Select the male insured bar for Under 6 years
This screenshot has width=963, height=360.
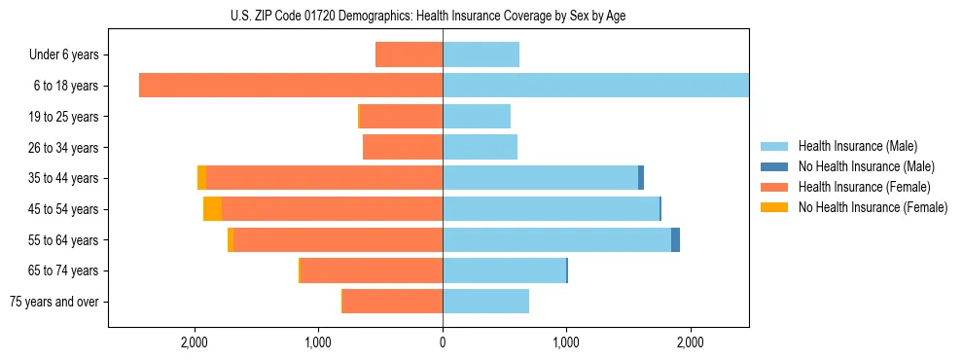click(481, 54)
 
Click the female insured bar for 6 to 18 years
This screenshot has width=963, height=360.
click(291, 86)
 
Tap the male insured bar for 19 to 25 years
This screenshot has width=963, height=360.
click(477, 117)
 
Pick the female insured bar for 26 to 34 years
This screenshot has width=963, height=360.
click(403, 147)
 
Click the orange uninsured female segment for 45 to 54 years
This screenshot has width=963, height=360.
click(212, 208)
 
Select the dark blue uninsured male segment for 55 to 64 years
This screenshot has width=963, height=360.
click(675, 239)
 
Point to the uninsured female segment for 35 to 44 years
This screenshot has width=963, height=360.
click(201, 178)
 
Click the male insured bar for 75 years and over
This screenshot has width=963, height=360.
click(485, 302)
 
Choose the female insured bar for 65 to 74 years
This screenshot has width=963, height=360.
click(372, 270)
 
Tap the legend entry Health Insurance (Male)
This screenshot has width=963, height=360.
click(857, 146)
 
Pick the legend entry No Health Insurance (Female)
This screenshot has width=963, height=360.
click(873, 207)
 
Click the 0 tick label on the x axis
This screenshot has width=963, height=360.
click(443, 343)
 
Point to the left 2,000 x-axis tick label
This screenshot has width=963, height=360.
click(195, 343)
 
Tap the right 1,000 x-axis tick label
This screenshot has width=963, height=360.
click(566, 343)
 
